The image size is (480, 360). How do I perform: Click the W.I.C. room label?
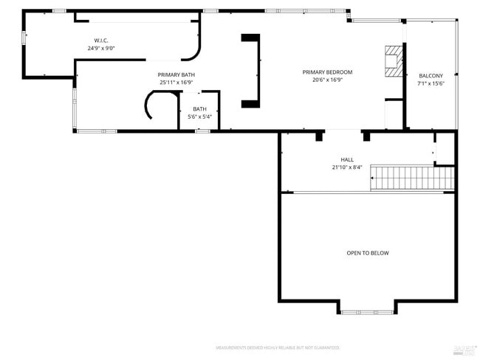(101, 40)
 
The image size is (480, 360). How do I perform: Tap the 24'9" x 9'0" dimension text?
(101, 48)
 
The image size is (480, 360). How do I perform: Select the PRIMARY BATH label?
(176, 75)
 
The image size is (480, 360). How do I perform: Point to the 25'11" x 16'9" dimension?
(176, 83)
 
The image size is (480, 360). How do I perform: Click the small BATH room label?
(200, 108)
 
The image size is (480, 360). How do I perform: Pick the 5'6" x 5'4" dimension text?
(200, 117)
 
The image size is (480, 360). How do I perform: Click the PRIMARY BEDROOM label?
(327, 72)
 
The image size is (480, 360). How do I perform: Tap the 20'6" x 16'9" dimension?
(327, 80)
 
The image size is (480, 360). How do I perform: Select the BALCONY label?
(431, 75)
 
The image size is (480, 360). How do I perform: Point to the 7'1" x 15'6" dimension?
(431, 83)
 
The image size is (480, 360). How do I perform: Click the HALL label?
(347, 159)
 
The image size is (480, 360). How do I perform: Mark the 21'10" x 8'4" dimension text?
(347, 167)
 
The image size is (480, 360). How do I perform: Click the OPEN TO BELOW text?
(368, 253)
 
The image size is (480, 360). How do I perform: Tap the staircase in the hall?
(412, 177)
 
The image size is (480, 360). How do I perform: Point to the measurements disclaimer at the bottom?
(278, 347)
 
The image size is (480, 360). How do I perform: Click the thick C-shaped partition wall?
(253, 71)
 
